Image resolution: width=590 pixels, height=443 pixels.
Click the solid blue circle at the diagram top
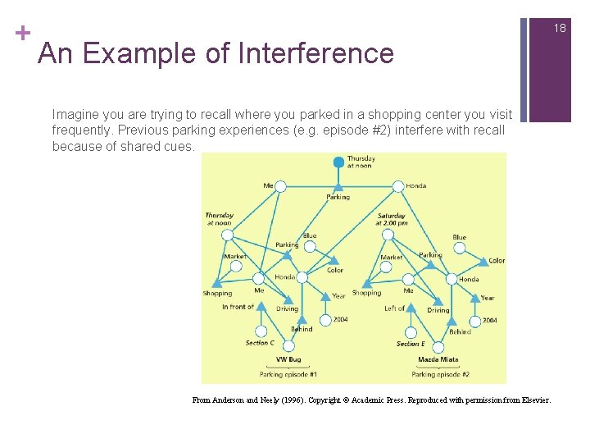click(338, 162)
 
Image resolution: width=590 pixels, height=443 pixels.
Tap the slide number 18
click(560, 28)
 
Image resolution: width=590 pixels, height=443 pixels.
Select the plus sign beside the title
click(22, 33)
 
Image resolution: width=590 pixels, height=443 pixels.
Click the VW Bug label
click(288, 359)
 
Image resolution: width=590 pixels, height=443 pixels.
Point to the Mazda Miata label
click(438, 359)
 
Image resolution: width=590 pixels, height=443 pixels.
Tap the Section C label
click(260, 343)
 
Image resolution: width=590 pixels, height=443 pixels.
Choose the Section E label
click(411, 344)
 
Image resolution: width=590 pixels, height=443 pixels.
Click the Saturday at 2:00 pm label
click(392, 220)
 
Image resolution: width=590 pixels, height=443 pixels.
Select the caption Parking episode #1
click(288, 374)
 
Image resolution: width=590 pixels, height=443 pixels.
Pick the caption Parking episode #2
click(440, 374)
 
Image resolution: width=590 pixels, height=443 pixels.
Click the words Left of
click(394, 308)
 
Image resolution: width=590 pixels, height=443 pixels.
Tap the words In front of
click(238, 307)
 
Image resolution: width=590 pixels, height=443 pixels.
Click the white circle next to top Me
click(280, 186)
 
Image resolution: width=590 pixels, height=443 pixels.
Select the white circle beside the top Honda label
click(398, 186)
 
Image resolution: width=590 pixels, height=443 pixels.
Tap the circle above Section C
click(260, 328)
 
